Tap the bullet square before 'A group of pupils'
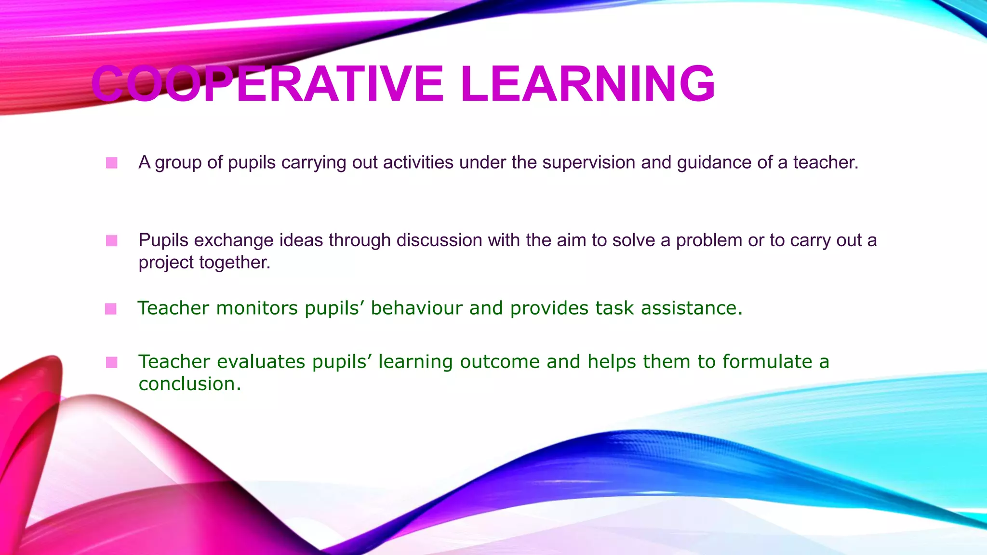(x=112, y=163)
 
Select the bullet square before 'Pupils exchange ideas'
(x=112, y=240)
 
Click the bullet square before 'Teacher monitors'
(x=111, y=309)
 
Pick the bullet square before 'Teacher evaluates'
(x=112, y=362)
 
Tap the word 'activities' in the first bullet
(x=418, y=162)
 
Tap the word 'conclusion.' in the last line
(x=189, y=384)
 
